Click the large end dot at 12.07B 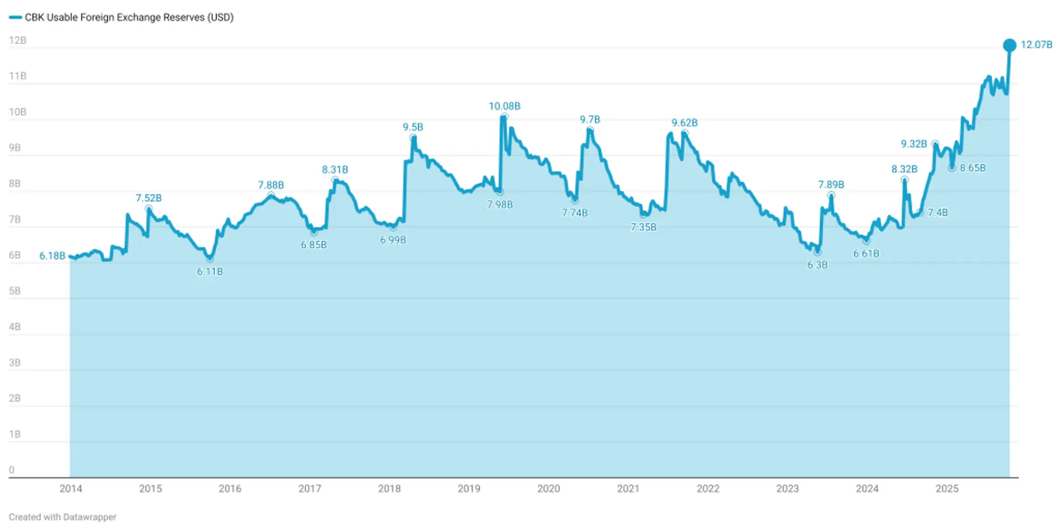(x=1009, y=45)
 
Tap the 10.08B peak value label (x=504, y=106)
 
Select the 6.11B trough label (x=210, y=272)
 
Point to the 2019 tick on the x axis (x=469, y=488)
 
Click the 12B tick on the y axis (x=18, y=40)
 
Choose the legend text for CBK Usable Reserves (x=129, y=17)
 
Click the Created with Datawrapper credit (x=62, y=517)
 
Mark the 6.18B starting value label (x=52, y=256)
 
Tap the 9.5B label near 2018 (x=413, y=127)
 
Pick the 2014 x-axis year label (x=71, y=488)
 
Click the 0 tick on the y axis (x=12, y=470)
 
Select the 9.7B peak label (x=590, y=119)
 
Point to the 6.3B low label (x=817, y=265)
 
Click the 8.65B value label (x=973, y=168)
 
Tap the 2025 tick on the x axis (x=947, y=488)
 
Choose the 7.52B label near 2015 (x=149, y=198)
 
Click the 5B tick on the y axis (x=15, y=291)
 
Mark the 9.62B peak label (x=684, y=123)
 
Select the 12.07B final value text (x=1036, y=45)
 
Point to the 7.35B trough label (x=643, y=227)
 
